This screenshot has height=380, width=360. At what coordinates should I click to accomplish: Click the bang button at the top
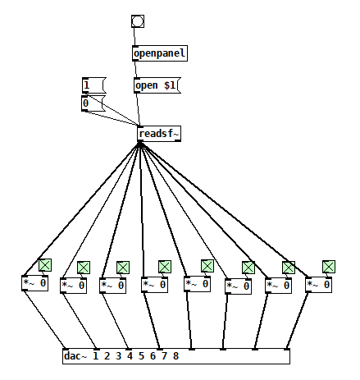(138, 21)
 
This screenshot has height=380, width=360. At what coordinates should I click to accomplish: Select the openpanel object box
(160, 53)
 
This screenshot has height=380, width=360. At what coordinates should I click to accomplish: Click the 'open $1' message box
(157, 85)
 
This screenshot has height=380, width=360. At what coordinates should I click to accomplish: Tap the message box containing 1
(93, 85)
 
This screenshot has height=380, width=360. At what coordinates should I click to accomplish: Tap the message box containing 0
(93, 103)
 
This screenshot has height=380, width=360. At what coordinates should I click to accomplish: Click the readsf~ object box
(159, 134)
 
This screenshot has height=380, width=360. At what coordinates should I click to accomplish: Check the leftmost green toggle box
(45, 265)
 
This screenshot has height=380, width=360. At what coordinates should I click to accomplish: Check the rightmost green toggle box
(329, 267)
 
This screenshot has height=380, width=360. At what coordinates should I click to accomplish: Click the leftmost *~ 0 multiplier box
(34, 283)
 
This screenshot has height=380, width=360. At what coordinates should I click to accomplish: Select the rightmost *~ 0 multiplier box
(319, 285)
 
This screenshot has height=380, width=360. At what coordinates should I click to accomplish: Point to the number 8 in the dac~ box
(175, 356)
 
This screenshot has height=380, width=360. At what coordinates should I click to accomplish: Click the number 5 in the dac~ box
(141, 356)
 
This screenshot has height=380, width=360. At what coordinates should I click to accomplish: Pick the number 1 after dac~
(95, 356)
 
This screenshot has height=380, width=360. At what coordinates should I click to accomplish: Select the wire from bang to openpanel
(134, 37)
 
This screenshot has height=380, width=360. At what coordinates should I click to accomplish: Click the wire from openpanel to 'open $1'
(135, 70)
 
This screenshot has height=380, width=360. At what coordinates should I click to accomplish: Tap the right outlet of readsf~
(178, 140)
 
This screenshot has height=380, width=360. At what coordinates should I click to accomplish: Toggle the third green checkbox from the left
(123, 268)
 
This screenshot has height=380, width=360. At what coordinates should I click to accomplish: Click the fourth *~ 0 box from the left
(155, 285)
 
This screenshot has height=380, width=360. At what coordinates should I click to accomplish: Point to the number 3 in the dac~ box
(118, 356)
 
